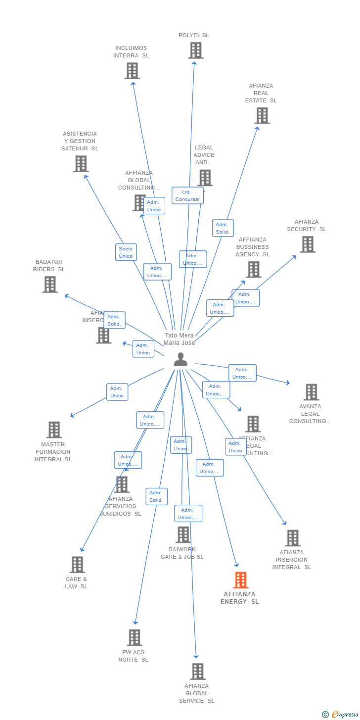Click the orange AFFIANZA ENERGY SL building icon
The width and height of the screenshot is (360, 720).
click(x=240, y=580)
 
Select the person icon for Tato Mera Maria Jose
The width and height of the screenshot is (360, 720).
click(x=180, y=359)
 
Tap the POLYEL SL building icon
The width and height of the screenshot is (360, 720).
click(x=196, y=50)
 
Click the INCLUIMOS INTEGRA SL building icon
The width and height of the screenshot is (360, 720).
click(x=132, y=71)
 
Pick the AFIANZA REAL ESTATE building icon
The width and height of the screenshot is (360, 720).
click(x=262, y=116)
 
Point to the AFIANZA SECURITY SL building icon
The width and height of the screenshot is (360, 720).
click(x=308, y=244)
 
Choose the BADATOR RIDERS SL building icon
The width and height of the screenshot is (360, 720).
click(x=50, y=285)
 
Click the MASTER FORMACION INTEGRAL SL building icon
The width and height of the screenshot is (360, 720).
click(x=54, y=430)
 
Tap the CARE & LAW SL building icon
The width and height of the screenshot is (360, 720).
click(x=77, y=565)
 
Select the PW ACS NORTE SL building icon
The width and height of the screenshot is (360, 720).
click(x=134, y=638)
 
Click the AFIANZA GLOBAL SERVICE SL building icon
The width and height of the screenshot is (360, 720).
click(x=197, y=672)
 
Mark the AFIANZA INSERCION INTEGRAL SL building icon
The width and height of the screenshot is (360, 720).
click(x=293, y=538)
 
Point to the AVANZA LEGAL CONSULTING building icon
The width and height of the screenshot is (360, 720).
click(x=311, y=392)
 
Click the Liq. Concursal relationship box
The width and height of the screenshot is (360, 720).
click(x=187, y=195)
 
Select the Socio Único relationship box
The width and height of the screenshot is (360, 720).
click(x=126, y=252)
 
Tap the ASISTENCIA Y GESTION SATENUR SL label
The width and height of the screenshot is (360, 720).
click(x=80, y=141)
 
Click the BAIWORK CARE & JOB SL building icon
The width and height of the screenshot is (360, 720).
click(x=183, y=535)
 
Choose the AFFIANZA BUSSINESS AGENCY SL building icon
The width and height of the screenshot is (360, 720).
click(x=254, y=270)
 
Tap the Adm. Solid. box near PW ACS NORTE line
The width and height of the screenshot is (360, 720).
click(x=156, y=496)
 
